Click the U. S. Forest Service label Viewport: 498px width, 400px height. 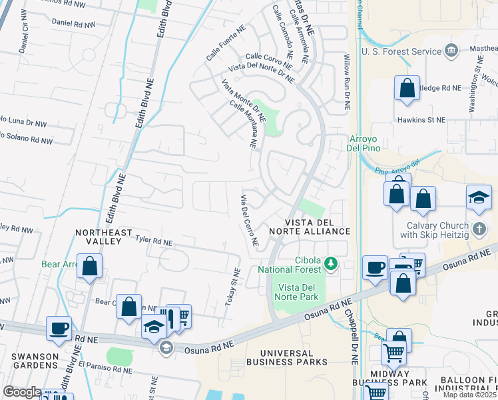pos(401,51)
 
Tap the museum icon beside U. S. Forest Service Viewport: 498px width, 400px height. pos(451,51)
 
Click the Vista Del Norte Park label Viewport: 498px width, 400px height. pos(297,291)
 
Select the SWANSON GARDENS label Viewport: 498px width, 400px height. pos(29,361)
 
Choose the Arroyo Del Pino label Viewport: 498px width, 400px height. pos(364,143)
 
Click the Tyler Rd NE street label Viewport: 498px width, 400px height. pos(154,239)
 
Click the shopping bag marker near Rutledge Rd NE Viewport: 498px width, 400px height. pos(407,88)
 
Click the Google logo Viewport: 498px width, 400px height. pos(22,392)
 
